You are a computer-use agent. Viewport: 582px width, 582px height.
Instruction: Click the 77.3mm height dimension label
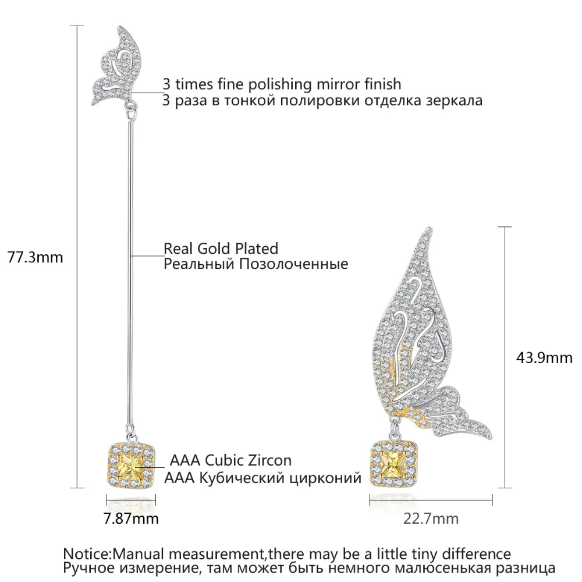coord(36,257)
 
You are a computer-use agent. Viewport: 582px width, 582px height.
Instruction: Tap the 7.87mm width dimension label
coord(131,518)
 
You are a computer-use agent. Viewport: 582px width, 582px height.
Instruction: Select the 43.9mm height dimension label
coord(544,358)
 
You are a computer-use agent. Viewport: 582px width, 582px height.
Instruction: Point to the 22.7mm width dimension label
coord(431,518)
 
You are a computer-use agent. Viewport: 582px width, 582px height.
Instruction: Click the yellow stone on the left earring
coord(131,469)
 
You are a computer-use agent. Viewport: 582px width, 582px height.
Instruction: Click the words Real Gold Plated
coord(221,249)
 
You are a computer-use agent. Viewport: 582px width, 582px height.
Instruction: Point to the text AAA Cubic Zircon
coord(230,460)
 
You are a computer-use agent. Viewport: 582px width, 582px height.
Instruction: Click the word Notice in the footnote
coord(87,554)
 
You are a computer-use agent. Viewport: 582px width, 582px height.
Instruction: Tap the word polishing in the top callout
coord(280,84)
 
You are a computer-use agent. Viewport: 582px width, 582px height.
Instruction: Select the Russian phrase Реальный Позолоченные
coord(255,264)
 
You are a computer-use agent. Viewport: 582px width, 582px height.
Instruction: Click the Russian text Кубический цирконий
coord(281,477)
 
